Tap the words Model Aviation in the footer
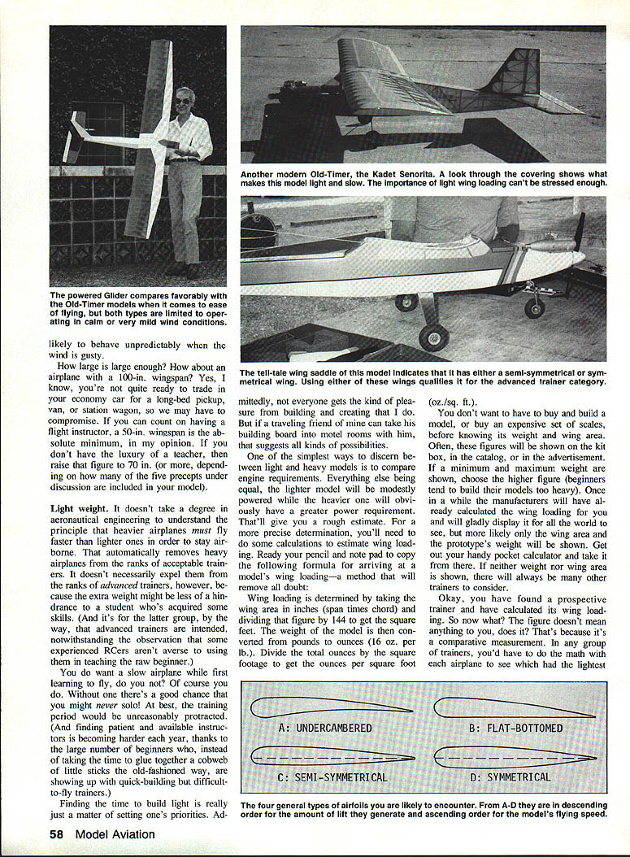(115, 833)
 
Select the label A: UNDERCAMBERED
(325, 728)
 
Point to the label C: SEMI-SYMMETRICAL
(332, 777)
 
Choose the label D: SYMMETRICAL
(519, 777)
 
